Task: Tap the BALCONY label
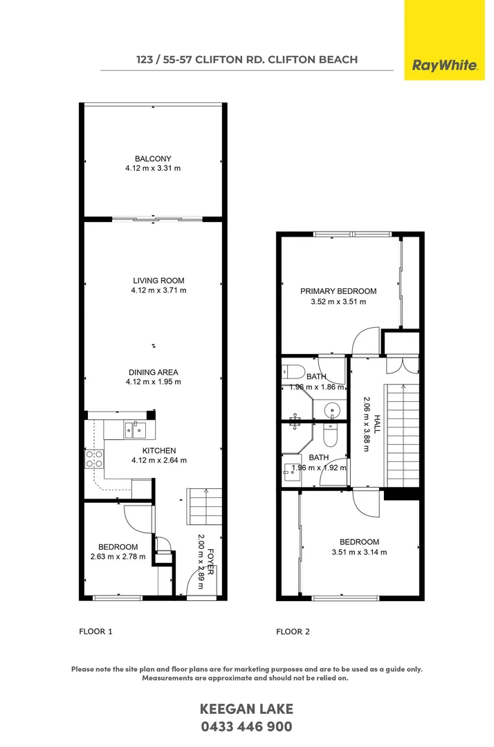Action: click(x=153, y=159)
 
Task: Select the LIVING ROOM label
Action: click(x=158, y=281)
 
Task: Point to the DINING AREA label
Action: click(x=154, y=372)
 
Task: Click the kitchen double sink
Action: click(x=135, y=430)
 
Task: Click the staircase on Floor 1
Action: click(x=204, y=507)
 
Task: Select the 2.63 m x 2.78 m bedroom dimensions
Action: click(x=118, y=557)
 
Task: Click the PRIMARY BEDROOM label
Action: click(x=338, y=291)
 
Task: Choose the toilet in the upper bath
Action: click(x=291, y=371)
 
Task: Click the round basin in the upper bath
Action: click(x=333, y=410)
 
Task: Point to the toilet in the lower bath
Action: click(x=330, y=436)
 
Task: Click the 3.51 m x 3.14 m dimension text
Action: click(x=359, y=552)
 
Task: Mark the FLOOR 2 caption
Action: click(x=293, y=631)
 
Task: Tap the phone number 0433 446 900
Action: click(x=246, y=727)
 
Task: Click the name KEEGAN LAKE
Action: click(x=246, y=709)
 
